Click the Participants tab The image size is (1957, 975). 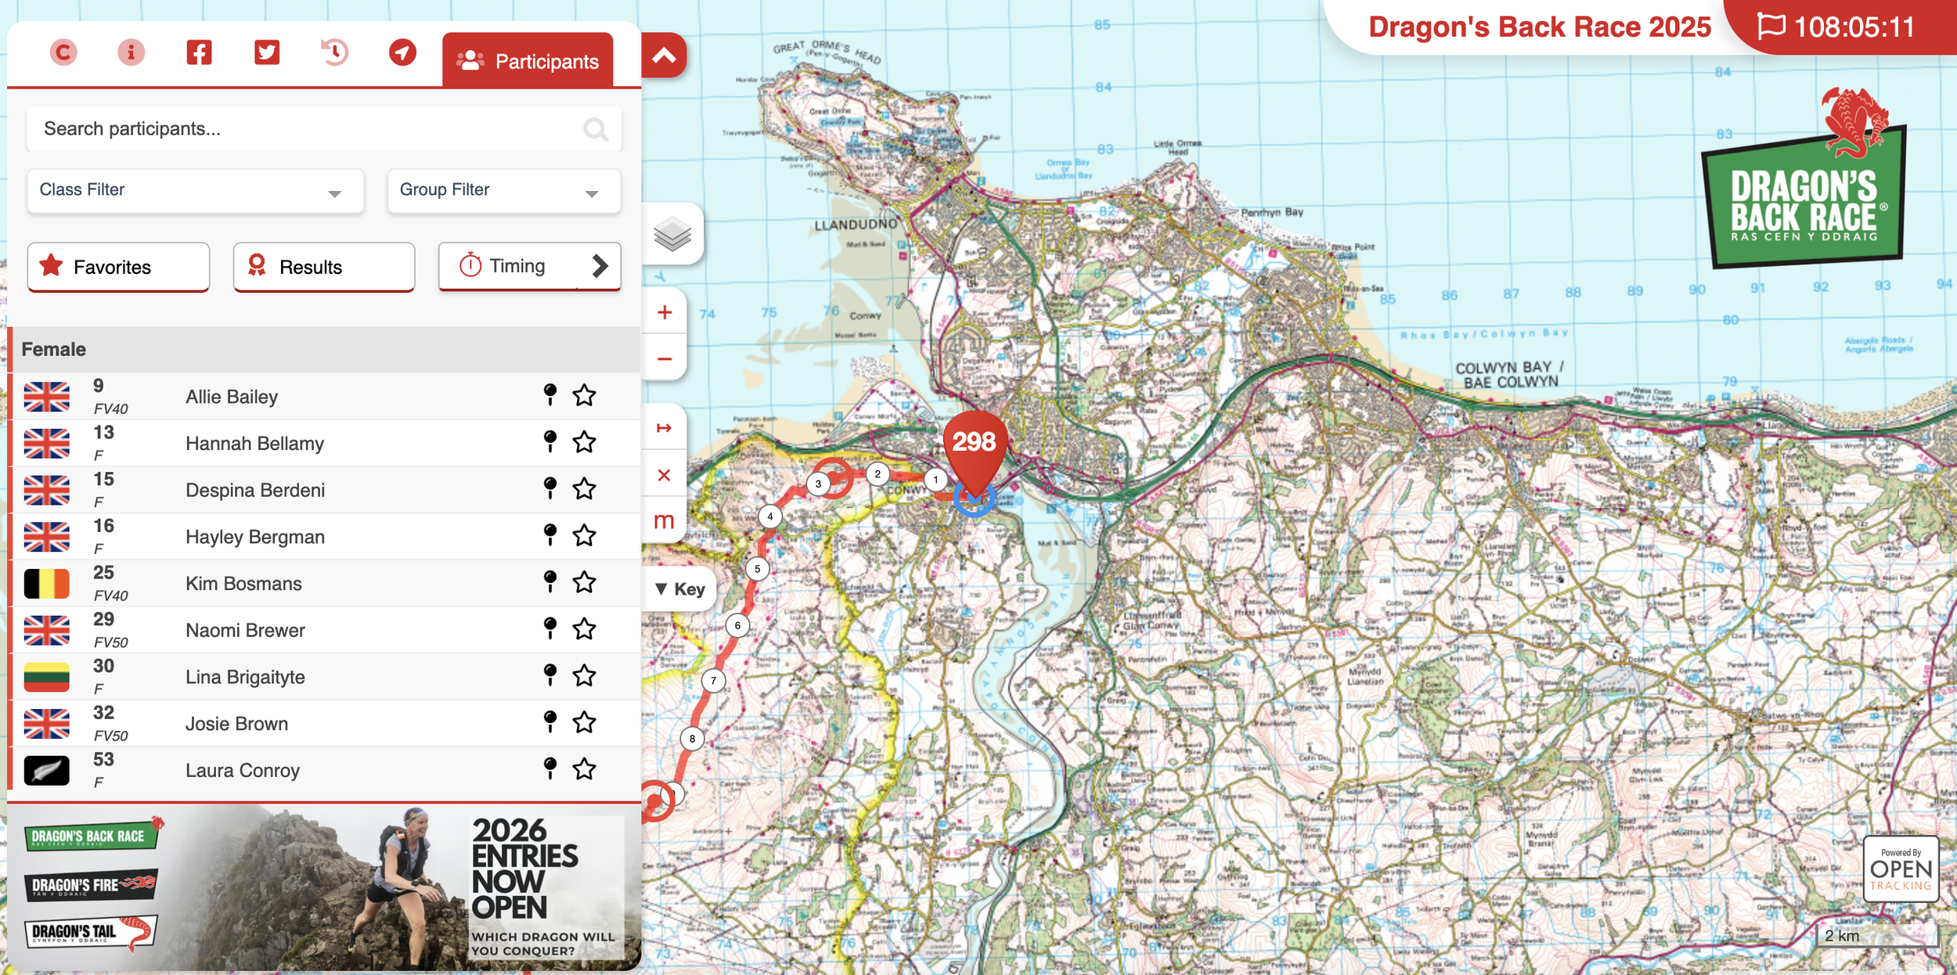(528, 61)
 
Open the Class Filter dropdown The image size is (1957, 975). (195, 190)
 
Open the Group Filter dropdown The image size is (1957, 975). (503, 190)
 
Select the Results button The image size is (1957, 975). (323, 267)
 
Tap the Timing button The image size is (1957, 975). (529, 266)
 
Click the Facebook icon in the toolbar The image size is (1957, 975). (199, 52)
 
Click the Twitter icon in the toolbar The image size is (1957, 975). (267, 52)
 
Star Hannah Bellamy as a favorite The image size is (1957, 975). (584, 443)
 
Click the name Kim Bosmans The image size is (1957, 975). (243, 584)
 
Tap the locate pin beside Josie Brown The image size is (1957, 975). (550, 721)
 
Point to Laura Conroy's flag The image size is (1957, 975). (46, 770)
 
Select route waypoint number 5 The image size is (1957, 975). (757, 569)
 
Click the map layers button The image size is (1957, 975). (672, 234)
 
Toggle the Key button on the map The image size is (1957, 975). (679, 589)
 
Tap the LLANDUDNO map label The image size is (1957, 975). (856, 225)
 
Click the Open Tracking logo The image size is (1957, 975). (1901, 869)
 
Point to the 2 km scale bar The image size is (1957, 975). (1875, 936)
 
